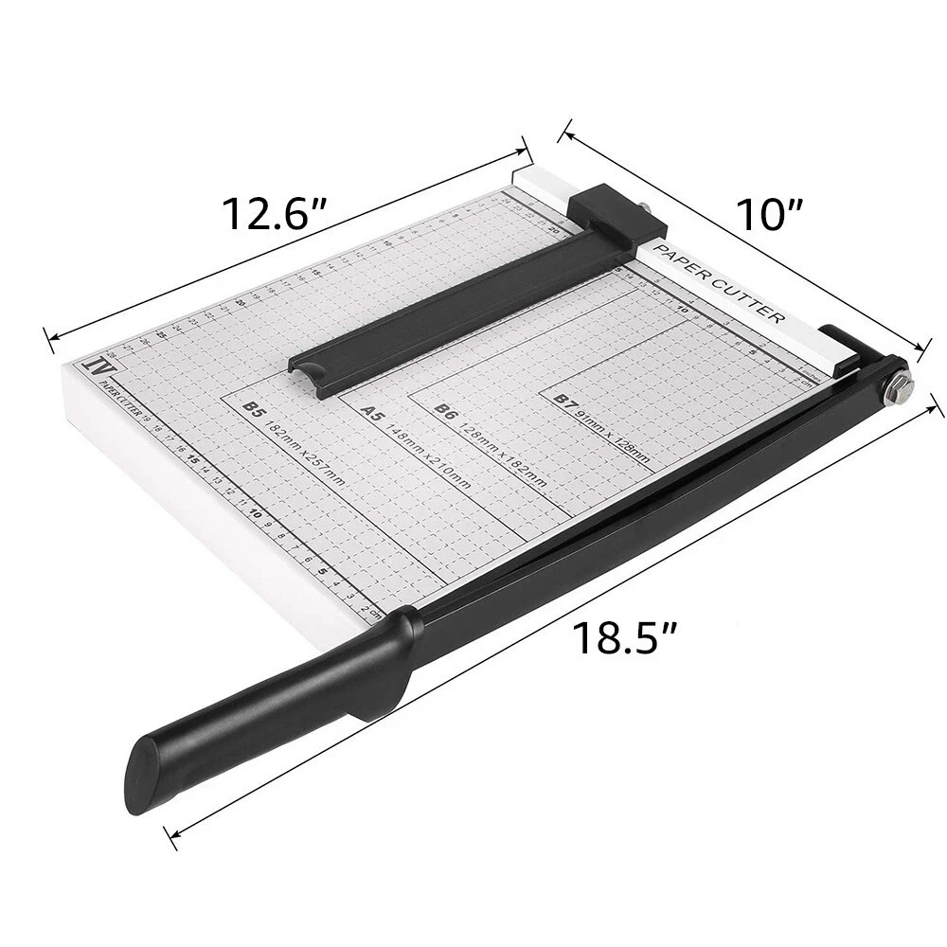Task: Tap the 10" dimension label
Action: click(x=771, y=214)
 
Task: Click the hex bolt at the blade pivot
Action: click(x=899, y=384)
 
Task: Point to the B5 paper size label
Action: click(x=253, y=409)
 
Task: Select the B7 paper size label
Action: click(x=565, y=402)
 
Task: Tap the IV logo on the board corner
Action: click(x=95, y=365)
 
